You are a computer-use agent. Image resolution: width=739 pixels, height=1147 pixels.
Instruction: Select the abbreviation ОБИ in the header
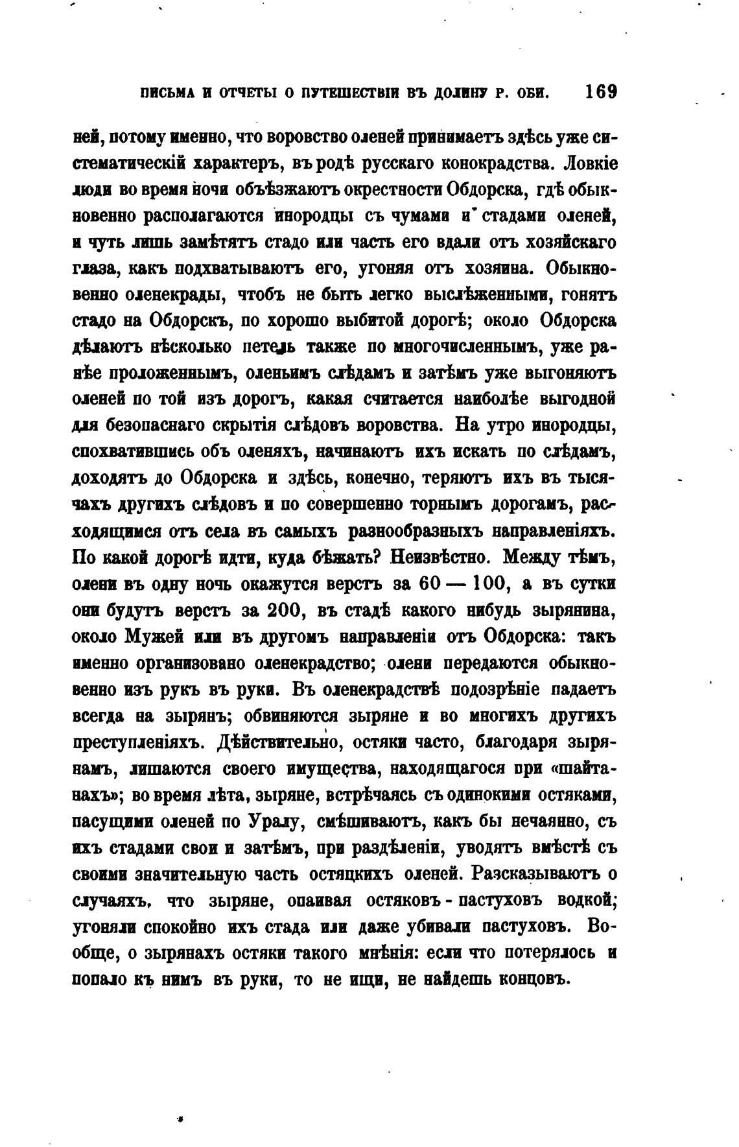[532, 93]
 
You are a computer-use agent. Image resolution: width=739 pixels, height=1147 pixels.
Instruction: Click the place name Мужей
[159, 637]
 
